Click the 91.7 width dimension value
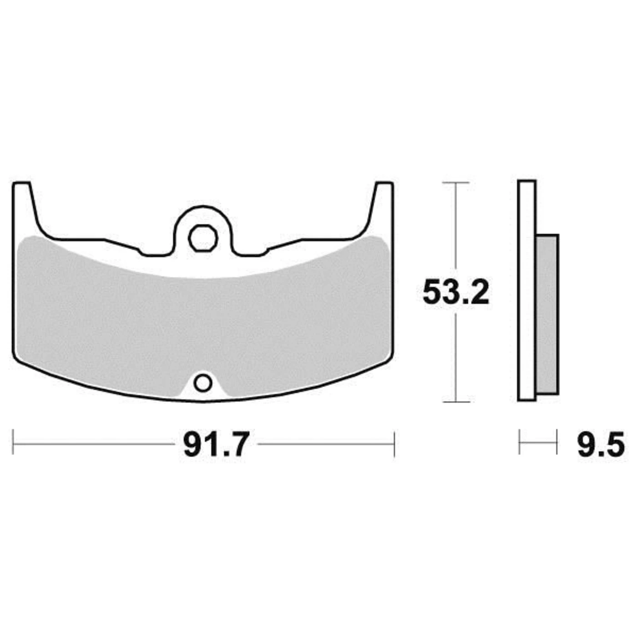pos(215,445)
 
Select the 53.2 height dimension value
pos(456,292)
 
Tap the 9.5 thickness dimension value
pos(601,445)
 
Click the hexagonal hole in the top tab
pos(203,238)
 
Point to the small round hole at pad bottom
pos(202,384)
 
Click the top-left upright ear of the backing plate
pos(23,205)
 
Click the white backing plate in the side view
pos(527,291)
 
